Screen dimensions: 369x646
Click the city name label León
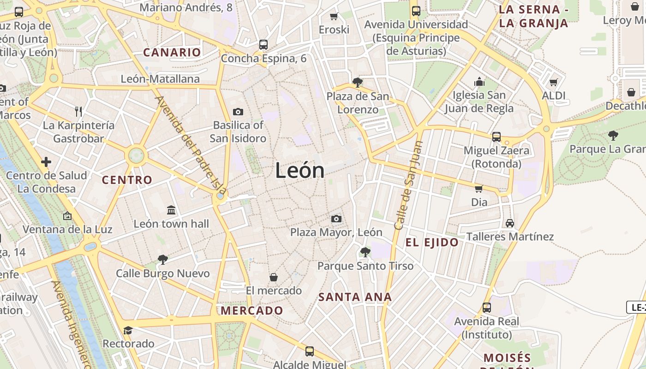point(300,171)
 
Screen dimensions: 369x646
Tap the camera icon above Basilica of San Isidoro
point(238,112)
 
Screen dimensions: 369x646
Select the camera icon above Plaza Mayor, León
point(336,219)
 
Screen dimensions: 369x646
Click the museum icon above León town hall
point(171,210)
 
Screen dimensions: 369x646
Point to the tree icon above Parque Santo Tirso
point(365,252)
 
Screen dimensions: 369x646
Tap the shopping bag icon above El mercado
point(274,277)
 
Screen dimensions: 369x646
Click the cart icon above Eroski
point(334,16)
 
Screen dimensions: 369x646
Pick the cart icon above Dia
point(479,188)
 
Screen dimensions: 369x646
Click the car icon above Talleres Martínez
point(510,223)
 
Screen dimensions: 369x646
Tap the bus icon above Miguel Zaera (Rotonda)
point(496,137)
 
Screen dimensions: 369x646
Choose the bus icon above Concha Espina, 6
point(263,44)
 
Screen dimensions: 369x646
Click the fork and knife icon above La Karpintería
point(78,111)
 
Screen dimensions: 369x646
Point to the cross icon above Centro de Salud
point(46,162)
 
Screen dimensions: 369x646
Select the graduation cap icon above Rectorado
point(128,330)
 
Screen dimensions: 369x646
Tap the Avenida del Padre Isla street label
point(191,145)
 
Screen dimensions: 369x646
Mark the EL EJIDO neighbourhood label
point(432,242)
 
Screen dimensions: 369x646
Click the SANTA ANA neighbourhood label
point(355,298)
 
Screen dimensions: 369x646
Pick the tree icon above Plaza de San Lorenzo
point(357,83)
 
